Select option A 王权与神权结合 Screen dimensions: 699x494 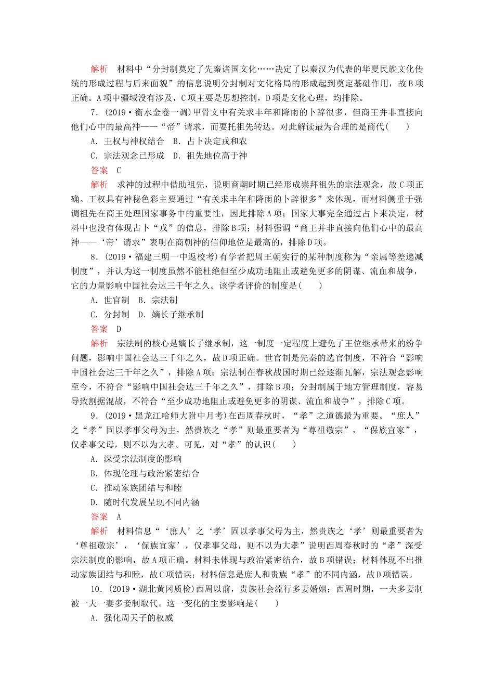[127, 141]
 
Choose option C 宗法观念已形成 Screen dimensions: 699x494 [127, 156]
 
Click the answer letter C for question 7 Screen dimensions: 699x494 [119, 170]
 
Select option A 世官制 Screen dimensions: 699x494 [110, 300]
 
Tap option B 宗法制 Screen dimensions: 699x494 [158, 300]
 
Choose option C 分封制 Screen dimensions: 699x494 [110, 315]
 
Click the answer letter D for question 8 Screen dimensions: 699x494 [119, 329]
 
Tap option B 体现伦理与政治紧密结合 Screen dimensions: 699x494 [145, 473]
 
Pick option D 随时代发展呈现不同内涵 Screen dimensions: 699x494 [145, 502]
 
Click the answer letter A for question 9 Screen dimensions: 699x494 [119, 517]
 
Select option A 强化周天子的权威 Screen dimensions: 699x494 [132, 618]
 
